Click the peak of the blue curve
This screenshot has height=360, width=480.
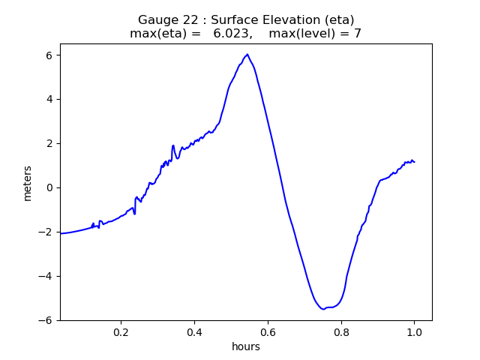pyautogui.click(x=247, y=55)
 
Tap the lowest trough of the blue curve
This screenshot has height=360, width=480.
pyautogui.click(x=323, y=308)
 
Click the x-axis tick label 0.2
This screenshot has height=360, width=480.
pyautogui.click(x=121, y=331)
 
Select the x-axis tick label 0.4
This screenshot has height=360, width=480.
pyautogui.click(x=194, y=331)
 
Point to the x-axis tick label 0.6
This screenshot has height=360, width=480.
pyautogui.click(x=268, y=331)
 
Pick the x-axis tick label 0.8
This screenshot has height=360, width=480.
pyautogui.click(x=341, y=331)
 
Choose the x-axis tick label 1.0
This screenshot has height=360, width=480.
pyautogui.click(x=414, y=331)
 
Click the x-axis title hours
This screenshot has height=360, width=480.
pyautogui.click(x=246, y=346)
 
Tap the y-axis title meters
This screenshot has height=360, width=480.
pyautogui.click(x=28, y=182)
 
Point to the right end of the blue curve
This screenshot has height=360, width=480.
pyautogui.click(x=414, y=162)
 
